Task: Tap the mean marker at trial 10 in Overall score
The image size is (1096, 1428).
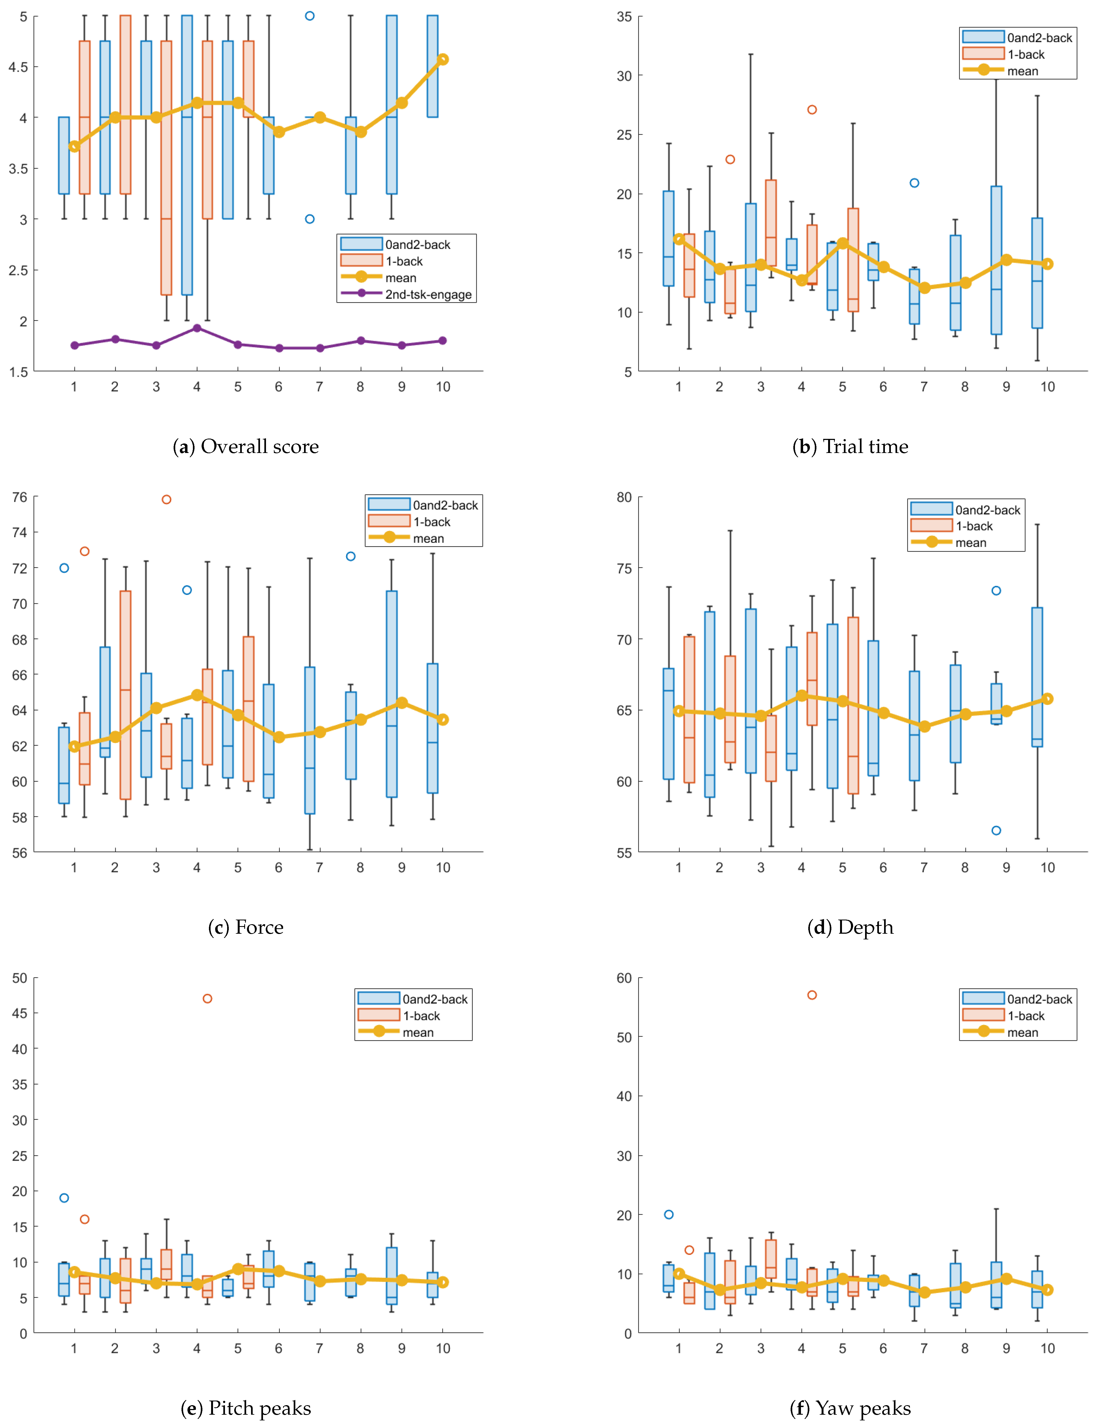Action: [x=442, y=59]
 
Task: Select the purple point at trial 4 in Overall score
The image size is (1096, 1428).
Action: [x=197, y=328]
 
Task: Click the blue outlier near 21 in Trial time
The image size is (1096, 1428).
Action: [x=914, y=183]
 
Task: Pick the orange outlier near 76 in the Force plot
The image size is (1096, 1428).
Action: [x=166, y=500]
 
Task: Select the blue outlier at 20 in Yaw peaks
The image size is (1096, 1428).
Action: [x=669, y=1215]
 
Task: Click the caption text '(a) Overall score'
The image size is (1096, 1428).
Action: [x=246, y=447]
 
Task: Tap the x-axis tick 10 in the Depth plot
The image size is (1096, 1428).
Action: [x=1047, y=868]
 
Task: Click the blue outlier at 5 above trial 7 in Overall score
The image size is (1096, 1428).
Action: [x=310, y=16]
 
